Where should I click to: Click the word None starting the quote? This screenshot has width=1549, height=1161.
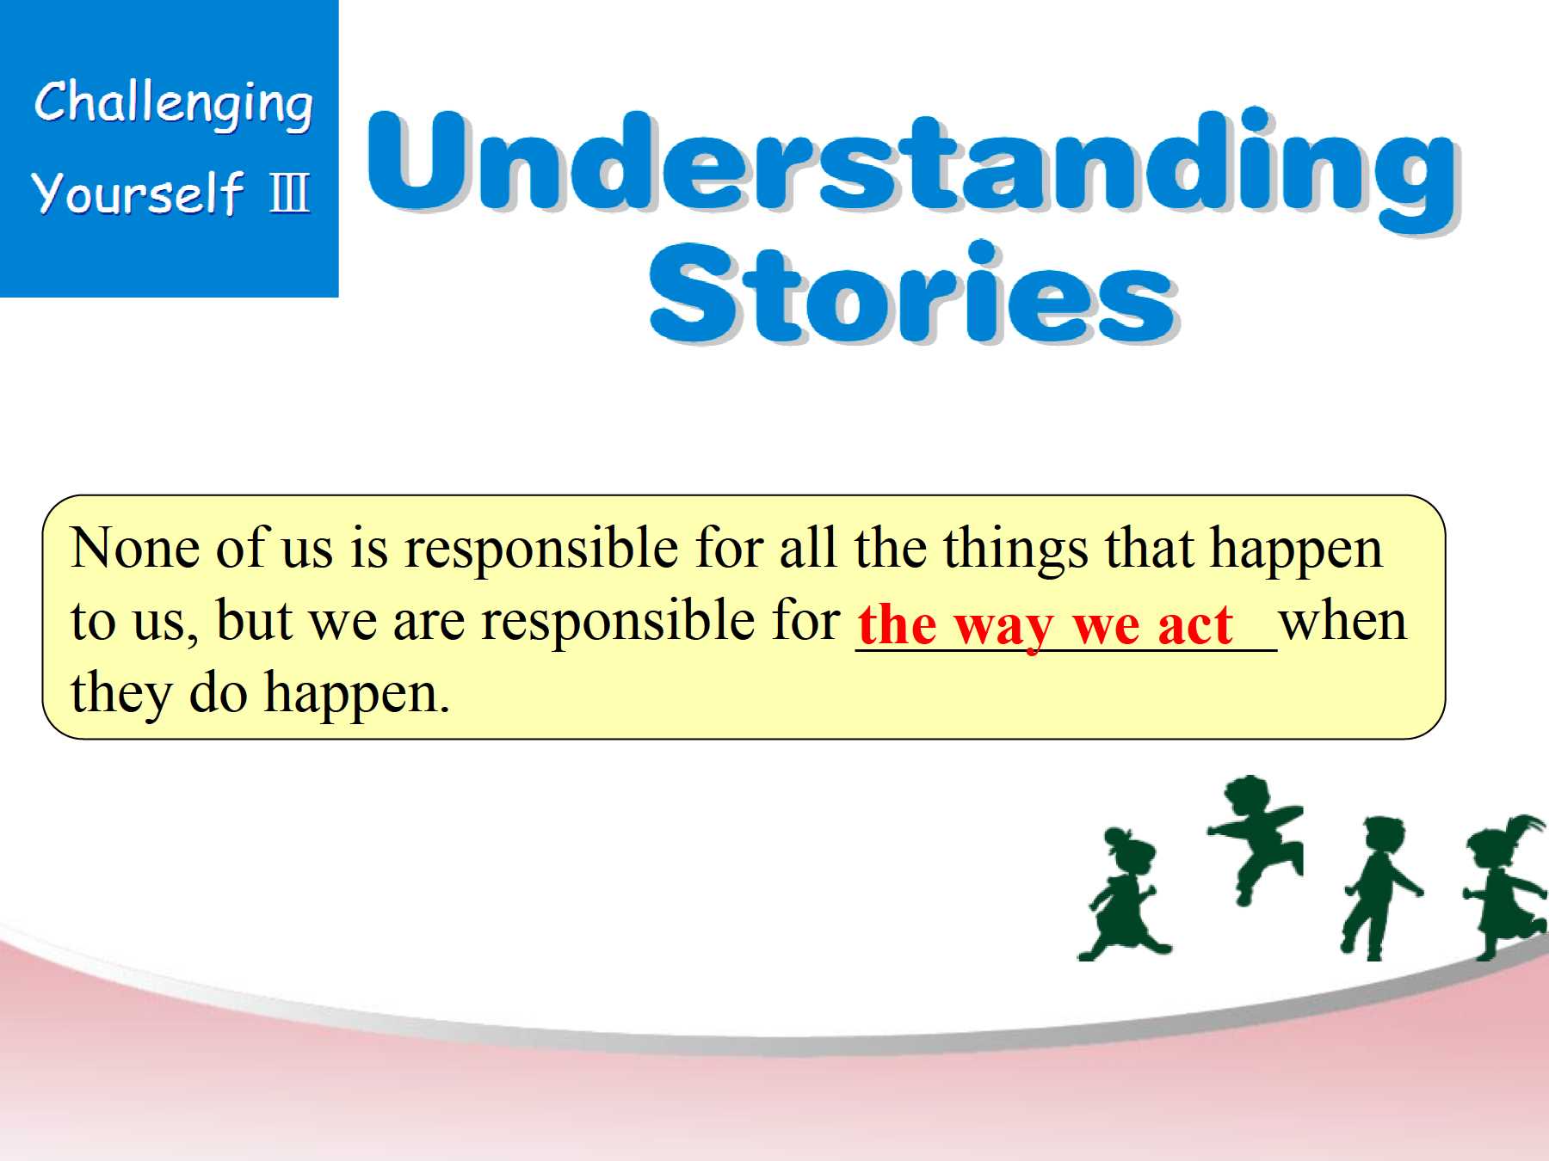tap(135, 548)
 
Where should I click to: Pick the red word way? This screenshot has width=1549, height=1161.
tap(1003, 627)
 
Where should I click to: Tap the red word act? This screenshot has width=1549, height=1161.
tap(1195, 624)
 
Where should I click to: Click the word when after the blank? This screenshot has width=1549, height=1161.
tap(1342, 621)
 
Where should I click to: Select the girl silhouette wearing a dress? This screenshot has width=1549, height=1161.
tap(1124, 894)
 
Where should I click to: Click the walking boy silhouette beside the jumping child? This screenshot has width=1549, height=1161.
tap(1379, 889)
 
